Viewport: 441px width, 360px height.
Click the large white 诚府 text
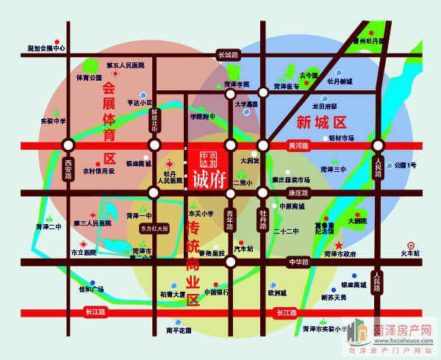click(x=209, y=178)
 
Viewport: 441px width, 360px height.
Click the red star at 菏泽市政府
click(x=339, y=245)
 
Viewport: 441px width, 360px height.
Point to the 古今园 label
click(x=309, y=76)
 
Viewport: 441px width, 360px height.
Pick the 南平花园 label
click(x=179, y=330)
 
